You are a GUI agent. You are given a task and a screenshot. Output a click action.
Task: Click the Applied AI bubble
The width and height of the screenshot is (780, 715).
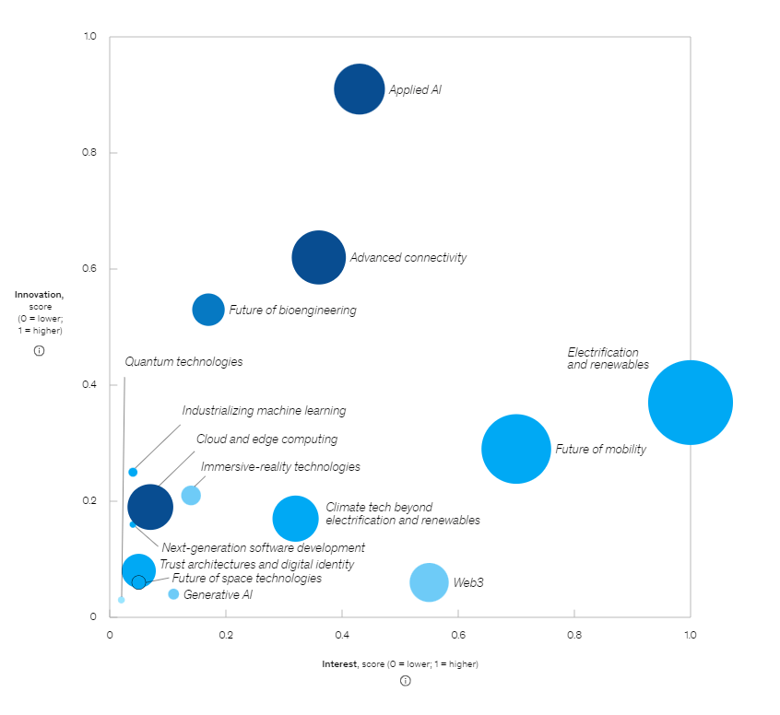[x=360, y=89]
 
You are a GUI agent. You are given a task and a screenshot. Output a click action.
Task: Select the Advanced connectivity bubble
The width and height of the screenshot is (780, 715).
[x=319, y=258]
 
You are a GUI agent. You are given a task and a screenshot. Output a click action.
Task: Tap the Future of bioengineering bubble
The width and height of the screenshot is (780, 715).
[x=208, y=310]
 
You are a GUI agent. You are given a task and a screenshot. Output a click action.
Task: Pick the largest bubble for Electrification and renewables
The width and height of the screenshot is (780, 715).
[x=690, y=403]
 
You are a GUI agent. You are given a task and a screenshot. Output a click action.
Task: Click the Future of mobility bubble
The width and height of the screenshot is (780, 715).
[x=516, y=449]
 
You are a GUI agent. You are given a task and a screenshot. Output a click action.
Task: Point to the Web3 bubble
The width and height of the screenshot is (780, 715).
[x=429, y=582]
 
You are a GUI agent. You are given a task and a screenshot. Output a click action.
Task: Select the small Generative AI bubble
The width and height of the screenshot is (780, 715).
[x=173, y=594]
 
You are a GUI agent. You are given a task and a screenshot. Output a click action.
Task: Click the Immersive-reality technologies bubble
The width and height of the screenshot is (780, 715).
[x=191, y=495]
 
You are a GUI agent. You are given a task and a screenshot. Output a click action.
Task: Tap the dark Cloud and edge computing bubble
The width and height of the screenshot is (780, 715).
[x=150, y=505]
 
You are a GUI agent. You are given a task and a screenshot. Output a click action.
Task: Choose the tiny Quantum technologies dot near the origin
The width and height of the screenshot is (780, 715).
[x=122, y=600]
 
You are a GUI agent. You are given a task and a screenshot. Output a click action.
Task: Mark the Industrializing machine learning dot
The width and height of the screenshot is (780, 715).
[x=133, y=472]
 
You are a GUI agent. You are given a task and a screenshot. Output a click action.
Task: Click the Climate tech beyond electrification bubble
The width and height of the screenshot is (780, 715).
[x=295, y=519]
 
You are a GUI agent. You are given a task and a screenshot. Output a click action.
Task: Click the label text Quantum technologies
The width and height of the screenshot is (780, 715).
[x=183, y=362]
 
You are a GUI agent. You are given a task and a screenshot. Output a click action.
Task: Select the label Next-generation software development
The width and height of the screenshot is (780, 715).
[x=263, y=548]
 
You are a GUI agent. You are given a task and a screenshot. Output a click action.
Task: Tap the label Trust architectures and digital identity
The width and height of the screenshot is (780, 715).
[x=256, y=564]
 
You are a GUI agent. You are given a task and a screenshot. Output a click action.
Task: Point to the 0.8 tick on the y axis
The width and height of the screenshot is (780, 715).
[x=90, y=153]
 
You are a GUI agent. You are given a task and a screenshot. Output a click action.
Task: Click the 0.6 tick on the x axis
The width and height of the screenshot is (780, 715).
[x=458, y=635]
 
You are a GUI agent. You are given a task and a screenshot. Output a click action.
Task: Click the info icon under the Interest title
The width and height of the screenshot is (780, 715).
[x=406, y=681]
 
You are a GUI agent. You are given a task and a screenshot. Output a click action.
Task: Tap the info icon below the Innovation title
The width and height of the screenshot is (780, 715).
[x=39, y=350]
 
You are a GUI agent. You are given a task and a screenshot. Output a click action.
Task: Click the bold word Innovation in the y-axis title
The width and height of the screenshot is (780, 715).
[x=39, y=295]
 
